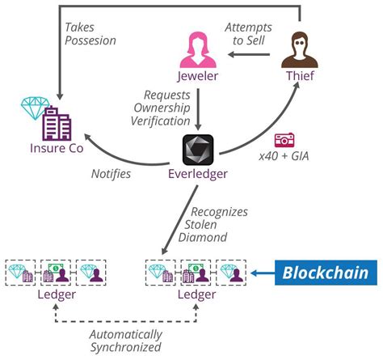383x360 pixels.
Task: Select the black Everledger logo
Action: (198, 150)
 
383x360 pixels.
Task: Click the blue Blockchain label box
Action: (326, 273)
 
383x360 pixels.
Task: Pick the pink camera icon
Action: (284, 140)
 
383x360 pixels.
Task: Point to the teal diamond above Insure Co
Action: (35, 108)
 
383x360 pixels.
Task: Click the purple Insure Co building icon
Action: (57, 124)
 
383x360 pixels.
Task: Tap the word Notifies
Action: (111, 174)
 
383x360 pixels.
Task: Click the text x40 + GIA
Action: (284, 156)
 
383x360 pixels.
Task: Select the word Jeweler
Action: (198, 76)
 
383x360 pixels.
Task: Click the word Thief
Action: (300, 76)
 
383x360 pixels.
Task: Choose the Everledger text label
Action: (198, 174)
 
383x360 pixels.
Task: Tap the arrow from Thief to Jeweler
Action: (249, 55)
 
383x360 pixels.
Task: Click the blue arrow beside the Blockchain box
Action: (263, 273)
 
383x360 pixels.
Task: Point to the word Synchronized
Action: (125, 347)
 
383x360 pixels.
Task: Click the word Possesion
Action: (90, 40)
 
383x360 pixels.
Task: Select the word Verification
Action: (161, 121)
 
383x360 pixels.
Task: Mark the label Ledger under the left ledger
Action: (57, 294)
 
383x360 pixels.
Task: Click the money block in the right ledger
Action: (196, 273)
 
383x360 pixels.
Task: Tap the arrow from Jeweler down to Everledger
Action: (198, 109)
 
